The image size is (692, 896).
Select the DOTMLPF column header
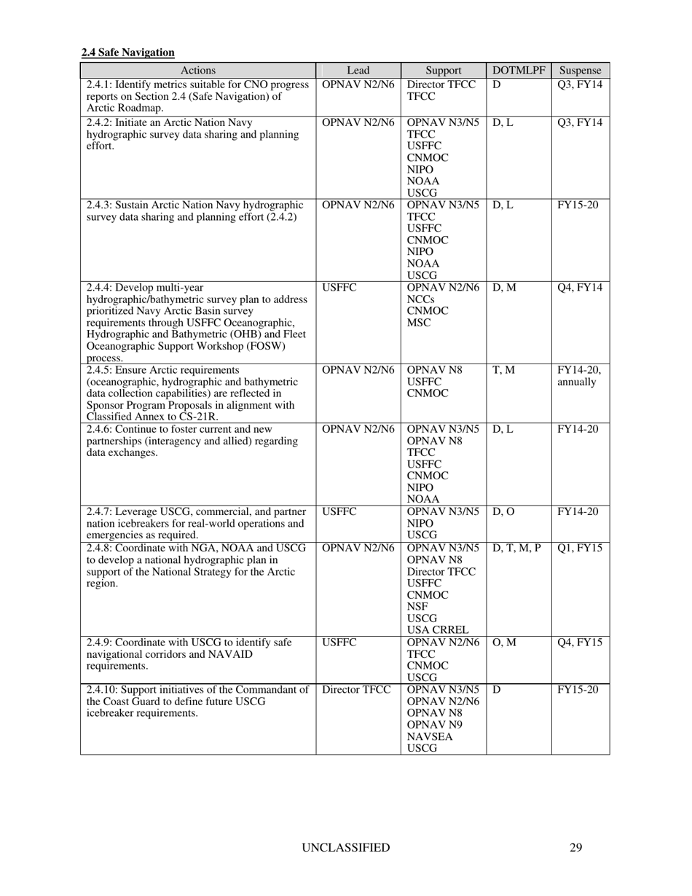point(519,71)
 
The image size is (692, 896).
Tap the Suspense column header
point(580,71)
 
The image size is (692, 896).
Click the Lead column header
point(358,71)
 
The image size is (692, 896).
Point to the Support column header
point(443,71)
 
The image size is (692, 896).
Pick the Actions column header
point(197,71)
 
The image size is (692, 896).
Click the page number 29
point(575,847)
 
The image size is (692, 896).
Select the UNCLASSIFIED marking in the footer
point(345,847)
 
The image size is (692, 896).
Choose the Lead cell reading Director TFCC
point(357,689)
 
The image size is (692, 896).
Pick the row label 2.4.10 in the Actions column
point(102,689)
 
